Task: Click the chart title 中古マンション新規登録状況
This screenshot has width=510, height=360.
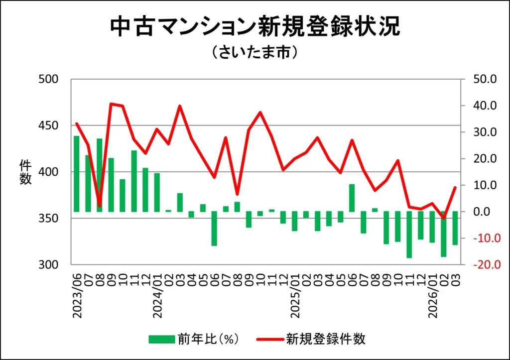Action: pyautogui.click(x=255, y=27)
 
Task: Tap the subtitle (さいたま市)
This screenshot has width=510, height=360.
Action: pyautogui.click(x=255, y=53)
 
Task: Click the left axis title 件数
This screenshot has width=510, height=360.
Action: pyautogui.click(x=26, y=172)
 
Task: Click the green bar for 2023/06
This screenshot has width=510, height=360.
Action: pyautogui.click(x=77, y=174)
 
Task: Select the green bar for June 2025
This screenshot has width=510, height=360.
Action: pyautogui.click(x=352, y=198)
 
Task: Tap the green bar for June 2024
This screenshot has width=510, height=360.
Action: pyautogui.click(x=214, y=229)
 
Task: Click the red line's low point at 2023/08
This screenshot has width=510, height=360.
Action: pyautogui.click(x=100, y=206)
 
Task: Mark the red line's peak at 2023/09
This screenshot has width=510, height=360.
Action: pyautogui.click(x=111, y=104)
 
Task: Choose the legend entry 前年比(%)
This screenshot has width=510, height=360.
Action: pyautogui.click(x=195, y=340)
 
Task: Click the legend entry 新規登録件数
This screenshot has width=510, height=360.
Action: pyautogui.click(x=311, y=340)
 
